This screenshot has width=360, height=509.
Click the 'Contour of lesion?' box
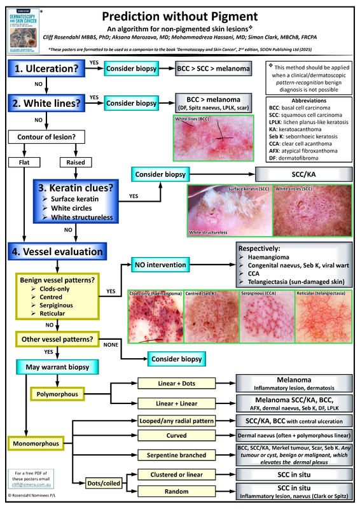[x=43, y=136]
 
